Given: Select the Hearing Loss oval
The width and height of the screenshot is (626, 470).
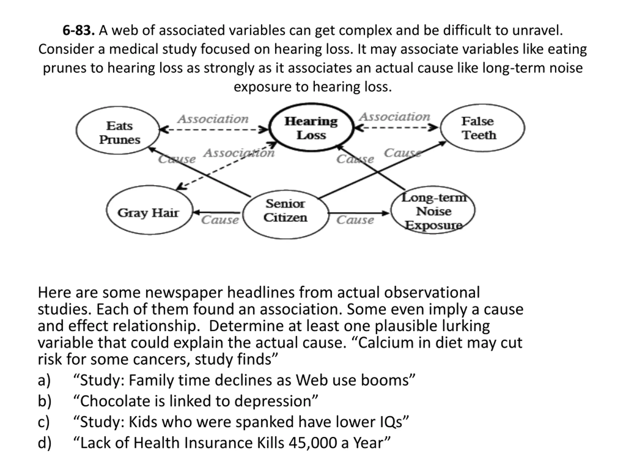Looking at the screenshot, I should pyautogui.click(x=311, y=128).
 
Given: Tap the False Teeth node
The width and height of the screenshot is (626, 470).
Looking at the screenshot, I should pyautogui.click(x=482, y=128).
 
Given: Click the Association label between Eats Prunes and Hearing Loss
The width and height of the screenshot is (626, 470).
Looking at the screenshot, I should pyautogui.click(x=213, y=119).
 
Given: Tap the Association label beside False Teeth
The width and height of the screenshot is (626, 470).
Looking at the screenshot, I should pyautogui.click(x=394, y=117).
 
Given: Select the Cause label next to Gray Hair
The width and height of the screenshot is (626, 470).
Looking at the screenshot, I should pyautogui.click(x=220, y=220).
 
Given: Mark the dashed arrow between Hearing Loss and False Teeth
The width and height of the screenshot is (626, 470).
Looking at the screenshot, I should pyautogui.click(x=396, y=128).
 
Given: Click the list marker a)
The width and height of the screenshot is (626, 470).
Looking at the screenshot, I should pyautogui.click(x=44, y=380).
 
